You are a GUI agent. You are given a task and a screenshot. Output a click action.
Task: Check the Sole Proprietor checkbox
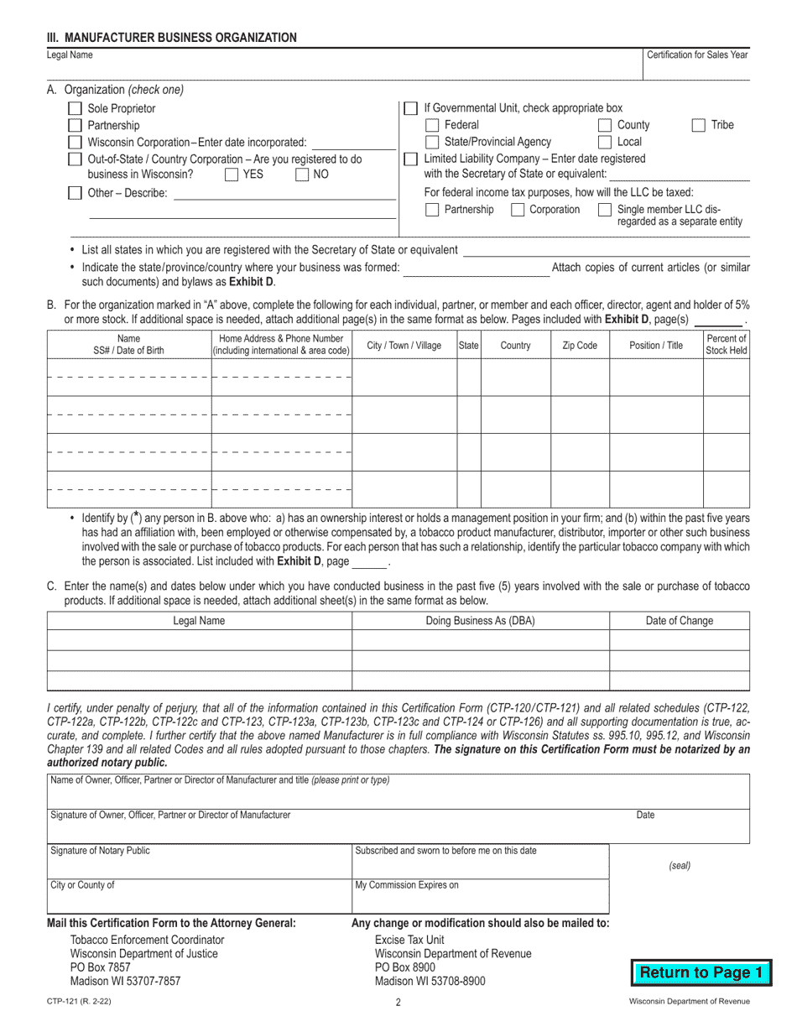point(75,108)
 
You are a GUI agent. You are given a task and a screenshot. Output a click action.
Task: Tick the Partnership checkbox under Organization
point(75,125)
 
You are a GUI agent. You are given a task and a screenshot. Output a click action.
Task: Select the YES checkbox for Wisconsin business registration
point(232,175)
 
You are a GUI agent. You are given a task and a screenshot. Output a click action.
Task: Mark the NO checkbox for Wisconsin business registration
point(302,175)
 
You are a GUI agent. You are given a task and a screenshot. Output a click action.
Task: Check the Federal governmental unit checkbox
point(432,125)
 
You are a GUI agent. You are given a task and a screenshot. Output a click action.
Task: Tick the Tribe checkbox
point(698,125)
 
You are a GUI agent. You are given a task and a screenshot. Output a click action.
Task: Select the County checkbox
point(605,125)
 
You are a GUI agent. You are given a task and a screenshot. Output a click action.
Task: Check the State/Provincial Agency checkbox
point(432,142)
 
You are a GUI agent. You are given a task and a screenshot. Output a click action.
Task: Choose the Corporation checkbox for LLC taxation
point(518,210)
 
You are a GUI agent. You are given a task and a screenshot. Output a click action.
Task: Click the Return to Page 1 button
point(701,973)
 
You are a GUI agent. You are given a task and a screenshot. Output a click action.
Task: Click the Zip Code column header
point(579,345)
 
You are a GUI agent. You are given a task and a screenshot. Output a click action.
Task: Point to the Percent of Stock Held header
point(726,345)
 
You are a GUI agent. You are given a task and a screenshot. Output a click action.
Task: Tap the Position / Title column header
point(655,345)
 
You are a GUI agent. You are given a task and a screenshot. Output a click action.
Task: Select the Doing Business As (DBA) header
point(480,621)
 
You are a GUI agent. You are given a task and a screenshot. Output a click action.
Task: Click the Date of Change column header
point(679,621)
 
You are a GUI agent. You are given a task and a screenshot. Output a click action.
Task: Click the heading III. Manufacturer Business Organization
point(171,37)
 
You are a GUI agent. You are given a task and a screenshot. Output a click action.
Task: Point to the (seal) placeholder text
point(679,865)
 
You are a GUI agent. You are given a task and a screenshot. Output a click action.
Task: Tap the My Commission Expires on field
point(480,895)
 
